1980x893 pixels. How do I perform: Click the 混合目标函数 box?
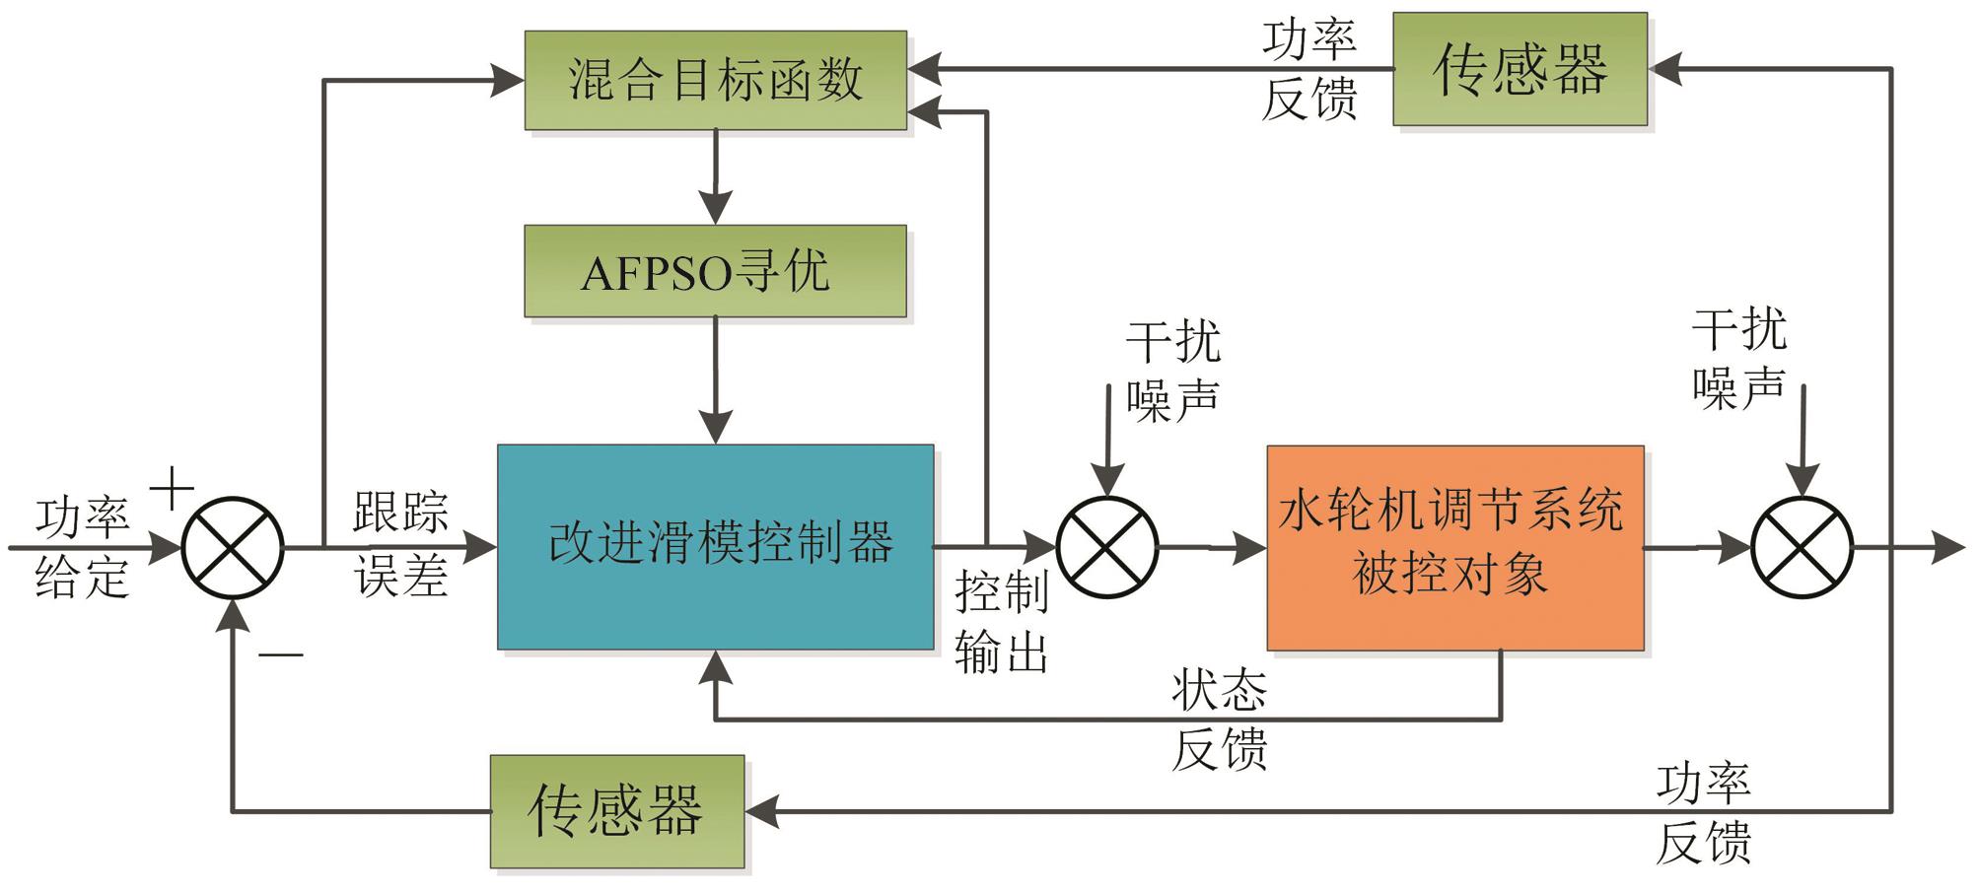tap(715, 80)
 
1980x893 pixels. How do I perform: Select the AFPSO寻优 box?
tap(715, 271)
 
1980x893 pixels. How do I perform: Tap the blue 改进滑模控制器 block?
tap(715, 547)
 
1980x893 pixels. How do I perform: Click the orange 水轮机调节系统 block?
tap(1454, 547)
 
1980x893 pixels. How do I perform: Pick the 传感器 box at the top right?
tap(1520, 69)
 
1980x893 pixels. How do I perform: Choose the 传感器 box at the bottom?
tap(617, 811)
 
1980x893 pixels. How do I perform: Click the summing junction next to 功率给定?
tap(233, 547)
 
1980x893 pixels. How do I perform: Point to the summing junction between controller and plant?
tap(1106, 547)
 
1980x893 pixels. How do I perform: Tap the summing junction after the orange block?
tap(1802, 547)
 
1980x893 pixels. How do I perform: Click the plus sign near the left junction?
tap(172, 488)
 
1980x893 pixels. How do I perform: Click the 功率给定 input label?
tap(82, 547)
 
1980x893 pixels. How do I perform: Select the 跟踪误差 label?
tap(400, 543)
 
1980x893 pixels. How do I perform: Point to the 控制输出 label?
tap(1001, 623)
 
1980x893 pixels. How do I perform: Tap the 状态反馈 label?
tap(1219, 720)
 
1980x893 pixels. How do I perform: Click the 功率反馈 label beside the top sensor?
tap(1309, 69)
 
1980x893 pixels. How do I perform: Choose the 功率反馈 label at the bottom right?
tap(1703, 813)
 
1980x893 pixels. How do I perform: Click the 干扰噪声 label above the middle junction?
tap(1172, 372)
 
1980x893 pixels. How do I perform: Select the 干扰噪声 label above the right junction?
tap(1738, 358)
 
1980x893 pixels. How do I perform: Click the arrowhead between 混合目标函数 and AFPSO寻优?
tap(715, 208)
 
